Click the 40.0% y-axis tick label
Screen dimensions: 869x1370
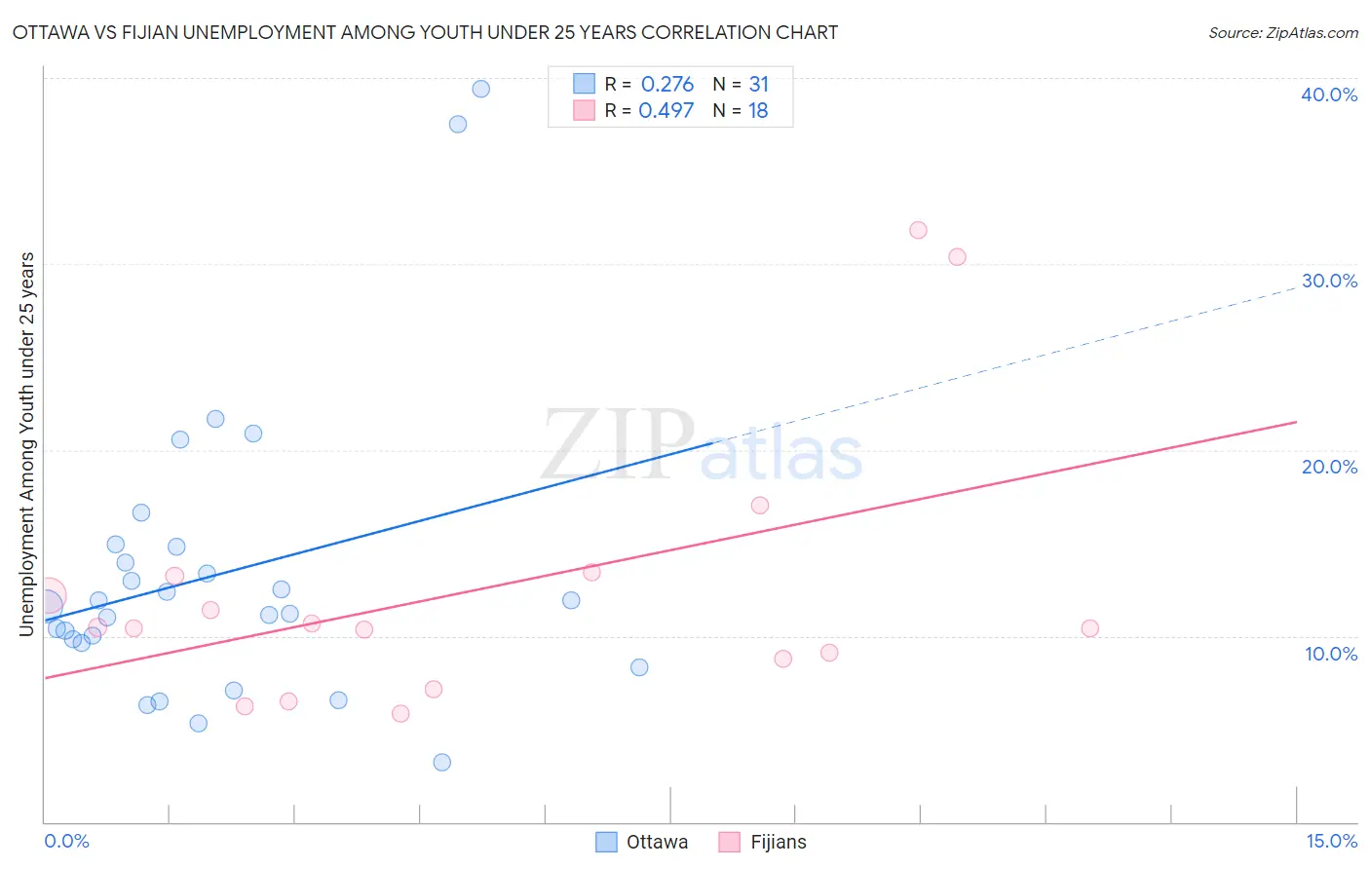(x=1329, y=94)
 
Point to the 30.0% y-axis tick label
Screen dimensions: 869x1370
(x=1329, y=281)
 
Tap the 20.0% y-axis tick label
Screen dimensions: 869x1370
(x=1329, y=467)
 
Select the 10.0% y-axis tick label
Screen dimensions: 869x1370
(x=1331, y=654)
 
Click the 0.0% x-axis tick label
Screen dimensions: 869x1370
(x=66, y=841)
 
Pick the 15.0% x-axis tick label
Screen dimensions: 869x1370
(x=1331, y=841)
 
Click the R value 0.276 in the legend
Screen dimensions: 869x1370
(x=666, y=85)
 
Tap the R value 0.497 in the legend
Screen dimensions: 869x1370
(x=666, y=111)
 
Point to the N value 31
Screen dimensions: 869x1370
(x=758, y=85)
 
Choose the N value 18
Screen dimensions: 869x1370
(x=758, y=111)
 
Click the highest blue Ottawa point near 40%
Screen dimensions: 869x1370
(x=480, y=89)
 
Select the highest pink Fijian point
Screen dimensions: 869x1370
(x=918, y=230)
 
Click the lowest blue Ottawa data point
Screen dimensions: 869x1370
(x=441, y=762)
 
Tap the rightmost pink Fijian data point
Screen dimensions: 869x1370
(x=1089, y=628)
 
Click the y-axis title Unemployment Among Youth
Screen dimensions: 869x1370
(x=26, y=444)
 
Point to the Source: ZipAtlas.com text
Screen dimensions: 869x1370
(x=1282, y=33)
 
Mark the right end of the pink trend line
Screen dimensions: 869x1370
(x=1296, y=422)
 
